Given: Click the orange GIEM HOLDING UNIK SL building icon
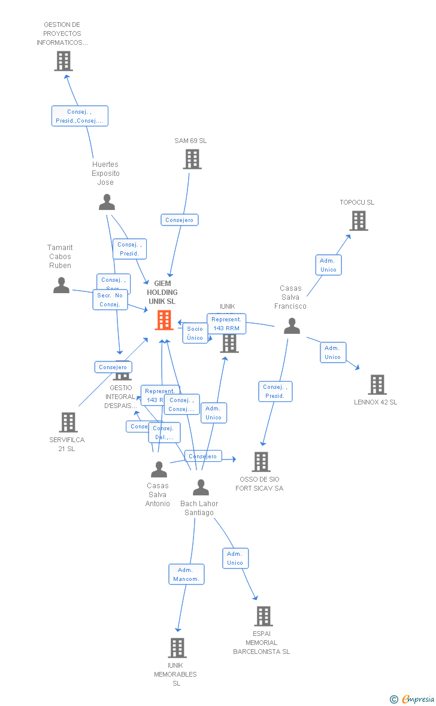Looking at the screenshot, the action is pos(164,320).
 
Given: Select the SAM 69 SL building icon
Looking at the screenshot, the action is pos(192,159).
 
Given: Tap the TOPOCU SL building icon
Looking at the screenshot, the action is pos(358,221).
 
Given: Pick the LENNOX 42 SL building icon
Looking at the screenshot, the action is pos(377,385).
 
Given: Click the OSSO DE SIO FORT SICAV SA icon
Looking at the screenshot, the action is pos(261,461).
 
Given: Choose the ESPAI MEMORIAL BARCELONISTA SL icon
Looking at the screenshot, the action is pos(263,616).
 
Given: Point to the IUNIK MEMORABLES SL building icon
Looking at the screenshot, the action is pos(177,647).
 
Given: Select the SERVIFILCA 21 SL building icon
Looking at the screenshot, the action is pos(68,422).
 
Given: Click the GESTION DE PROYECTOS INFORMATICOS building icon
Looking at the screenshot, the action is pos(63,61).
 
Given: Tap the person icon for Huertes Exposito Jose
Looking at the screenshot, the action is pos(107,202).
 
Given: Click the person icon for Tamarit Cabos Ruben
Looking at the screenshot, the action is pos(61,285).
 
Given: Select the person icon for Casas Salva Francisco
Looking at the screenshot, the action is pos(292,326).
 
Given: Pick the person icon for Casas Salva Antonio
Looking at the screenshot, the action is pos(159,470).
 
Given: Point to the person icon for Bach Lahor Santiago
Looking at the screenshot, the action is pos(201,488).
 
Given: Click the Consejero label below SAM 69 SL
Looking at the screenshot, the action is pos(179,220).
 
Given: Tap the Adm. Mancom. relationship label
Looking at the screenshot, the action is pos(186,574).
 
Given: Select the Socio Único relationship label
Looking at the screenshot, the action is pos(195,333).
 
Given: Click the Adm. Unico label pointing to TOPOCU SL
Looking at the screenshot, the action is pos(328,265).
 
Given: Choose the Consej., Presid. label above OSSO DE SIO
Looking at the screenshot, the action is pos(275,391).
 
